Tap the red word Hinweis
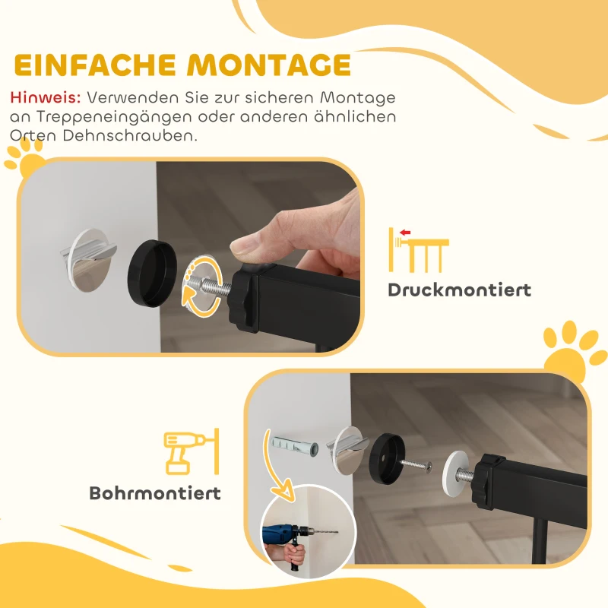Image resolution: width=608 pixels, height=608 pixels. (46, 98)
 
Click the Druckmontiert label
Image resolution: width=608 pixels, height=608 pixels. (459, 290)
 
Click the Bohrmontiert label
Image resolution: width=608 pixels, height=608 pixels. (155, 492)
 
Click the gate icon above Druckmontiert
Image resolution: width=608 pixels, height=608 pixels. (418, 249)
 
